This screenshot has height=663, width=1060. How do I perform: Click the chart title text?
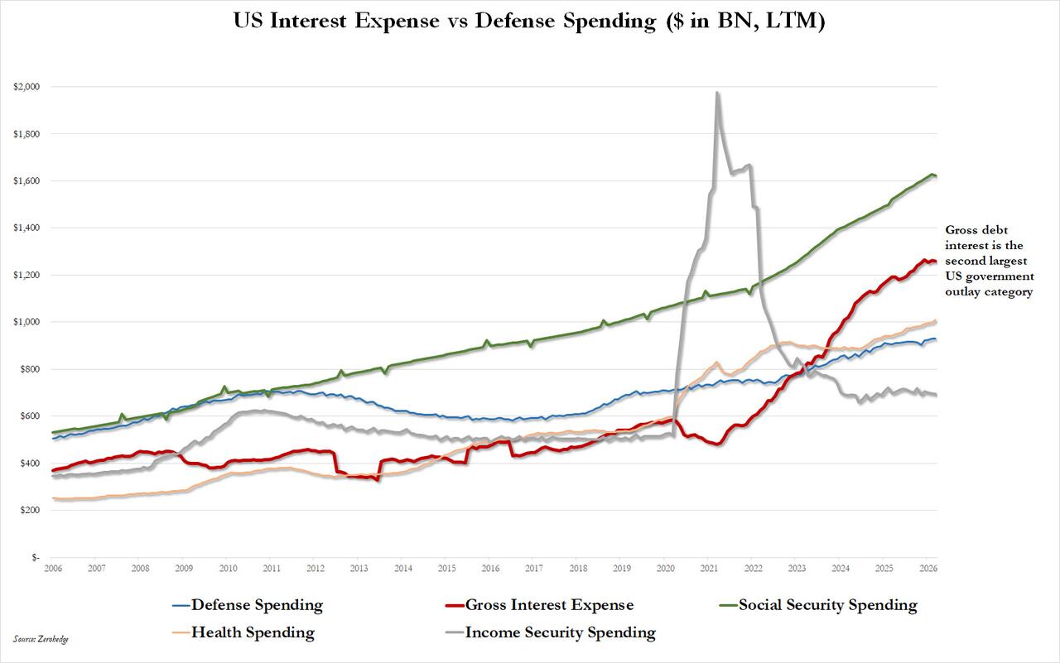coord(530,22)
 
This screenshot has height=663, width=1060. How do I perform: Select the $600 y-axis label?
coord(30,416)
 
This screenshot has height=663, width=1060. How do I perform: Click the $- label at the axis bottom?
coord(35,558)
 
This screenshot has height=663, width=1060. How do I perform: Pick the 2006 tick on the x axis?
coord(53,569)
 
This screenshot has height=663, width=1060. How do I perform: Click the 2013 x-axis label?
coord(359,569)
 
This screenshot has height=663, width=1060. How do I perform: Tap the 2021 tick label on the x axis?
coord(709,569)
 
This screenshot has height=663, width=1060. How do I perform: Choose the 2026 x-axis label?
coord(927,569)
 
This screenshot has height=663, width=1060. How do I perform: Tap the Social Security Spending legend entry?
coord(827,605)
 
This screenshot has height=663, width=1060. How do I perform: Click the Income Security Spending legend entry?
coord(560,633)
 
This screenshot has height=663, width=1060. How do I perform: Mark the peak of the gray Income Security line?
coord(717,93)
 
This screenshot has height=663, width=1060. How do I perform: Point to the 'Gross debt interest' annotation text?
coord(990,261)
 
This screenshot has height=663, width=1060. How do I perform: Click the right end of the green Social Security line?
coord(936,176)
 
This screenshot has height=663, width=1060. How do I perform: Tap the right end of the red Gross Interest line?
coord(936,262)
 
